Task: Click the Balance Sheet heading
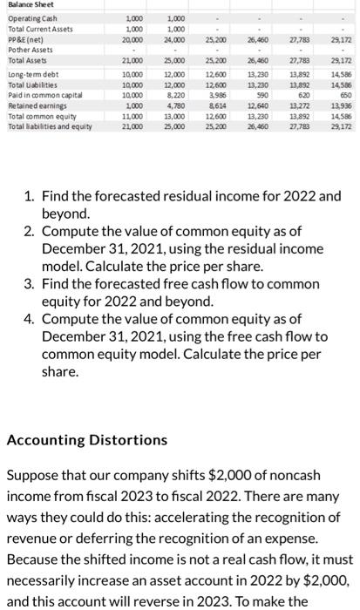(31, 5)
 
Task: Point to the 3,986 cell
(217, 95)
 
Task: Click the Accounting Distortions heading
(87, 440)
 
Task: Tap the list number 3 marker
(29, 284)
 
